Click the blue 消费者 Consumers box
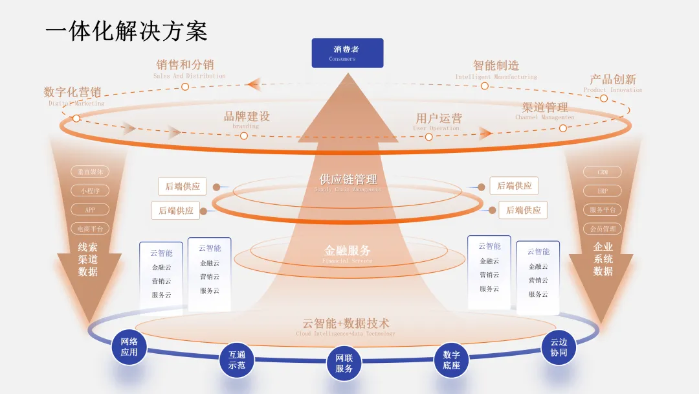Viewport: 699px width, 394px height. (x=347, y=52)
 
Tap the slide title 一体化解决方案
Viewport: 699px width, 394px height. (x=126, y=30)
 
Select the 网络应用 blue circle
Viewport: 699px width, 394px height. (x=129, y=347)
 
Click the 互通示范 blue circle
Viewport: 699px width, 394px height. (x=237, y=360)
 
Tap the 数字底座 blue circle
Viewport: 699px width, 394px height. (x=451, y=360)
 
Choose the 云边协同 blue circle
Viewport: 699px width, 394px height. (x=559, y=347)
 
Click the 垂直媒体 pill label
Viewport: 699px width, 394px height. (x=90, y=172)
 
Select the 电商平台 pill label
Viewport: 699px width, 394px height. (x=90, y=229)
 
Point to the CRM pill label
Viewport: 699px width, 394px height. (x=603, y=172)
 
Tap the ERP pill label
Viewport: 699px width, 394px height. (x=603, y=191)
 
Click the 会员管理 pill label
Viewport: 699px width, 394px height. (x=603, y=229)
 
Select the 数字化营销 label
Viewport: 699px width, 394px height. (x=72, y=92)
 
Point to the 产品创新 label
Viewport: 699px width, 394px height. (x=612, y=80)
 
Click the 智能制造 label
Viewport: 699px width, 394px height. (x=496, y=65)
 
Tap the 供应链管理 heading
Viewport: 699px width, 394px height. (x=348, y=180)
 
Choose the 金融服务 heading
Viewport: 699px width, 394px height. (x=348, y=251)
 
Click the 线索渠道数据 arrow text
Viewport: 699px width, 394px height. (x=88, y=259)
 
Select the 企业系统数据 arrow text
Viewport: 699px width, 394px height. (x=603, y=259)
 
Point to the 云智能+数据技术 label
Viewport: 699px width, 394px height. (x=346, y=323)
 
